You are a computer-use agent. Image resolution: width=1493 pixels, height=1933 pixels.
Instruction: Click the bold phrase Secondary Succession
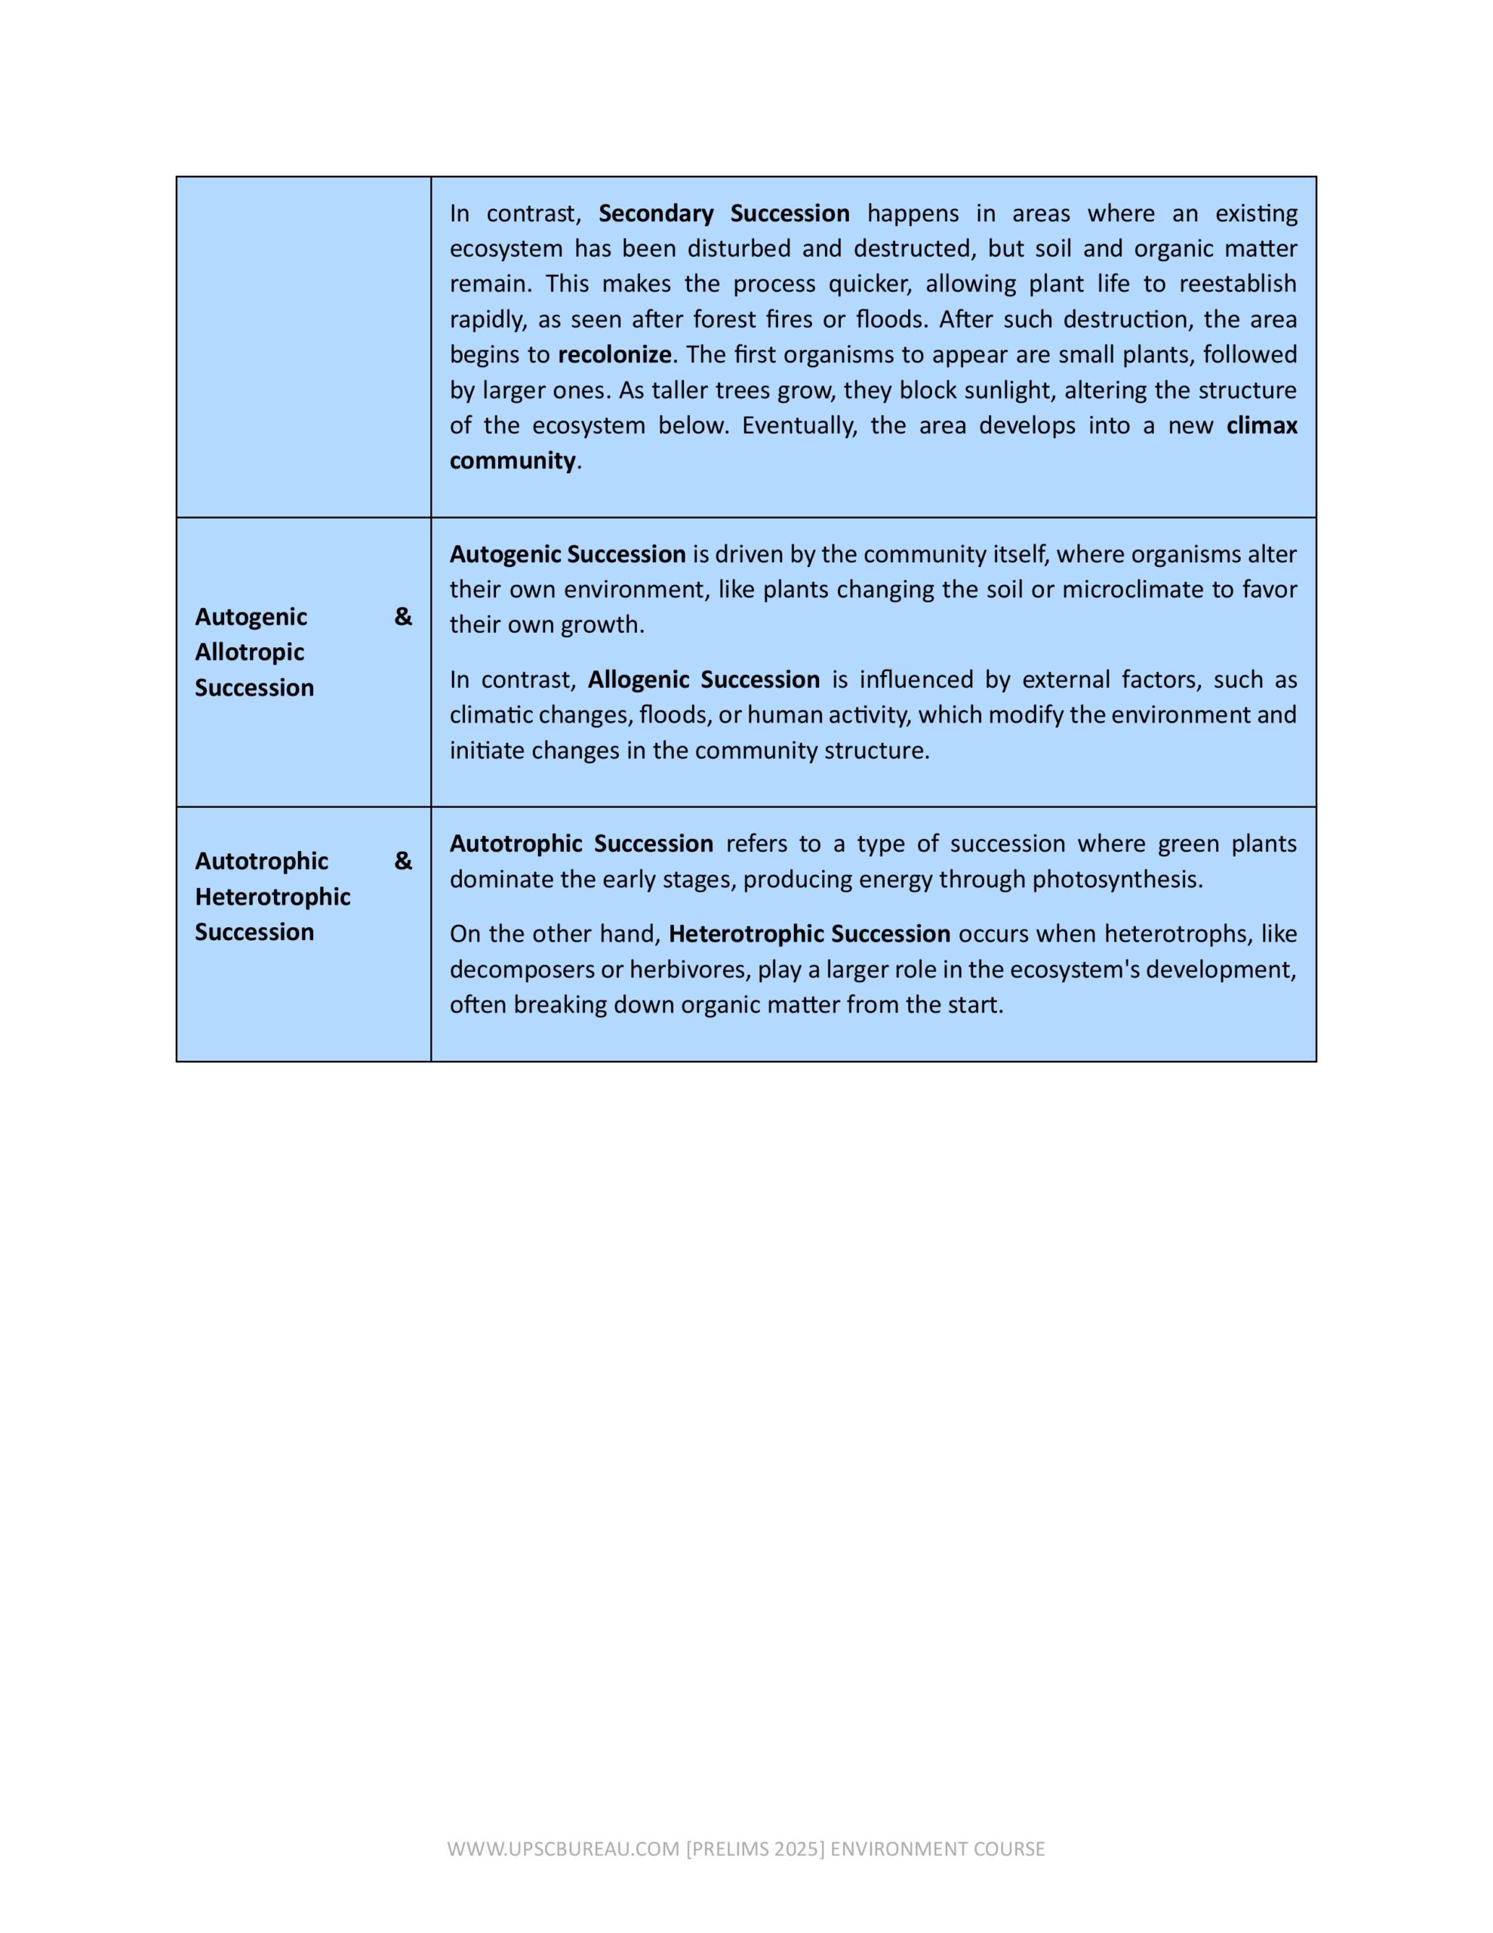(x=723, y=213)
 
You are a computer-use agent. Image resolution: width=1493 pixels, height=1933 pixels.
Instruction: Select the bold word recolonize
(x=614, y=355)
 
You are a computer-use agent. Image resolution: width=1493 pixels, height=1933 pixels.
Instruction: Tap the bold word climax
(x=1261, y=426)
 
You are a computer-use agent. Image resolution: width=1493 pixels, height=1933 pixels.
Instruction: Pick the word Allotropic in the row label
(x=250, y=652)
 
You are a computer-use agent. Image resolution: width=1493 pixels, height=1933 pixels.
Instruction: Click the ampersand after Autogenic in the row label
(x=402, y=617)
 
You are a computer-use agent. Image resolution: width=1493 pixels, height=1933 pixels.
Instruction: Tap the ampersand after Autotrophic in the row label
(x=402, y=862)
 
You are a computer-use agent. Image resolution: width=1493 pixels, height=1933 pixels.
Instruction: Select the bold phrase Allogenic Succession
(x=703, y=680)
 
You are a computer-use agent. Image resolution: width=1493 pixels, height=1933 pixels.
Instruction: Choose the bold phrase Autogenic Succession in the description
(x=568, y=554)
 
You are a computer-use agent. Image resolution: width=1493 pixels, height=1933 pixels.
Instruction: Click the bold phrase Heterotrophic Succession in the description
(x=809, y=934)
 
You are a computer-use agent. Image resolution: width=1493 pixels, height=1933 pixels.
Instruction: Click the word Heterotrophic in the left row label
(x=272, y=896)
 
